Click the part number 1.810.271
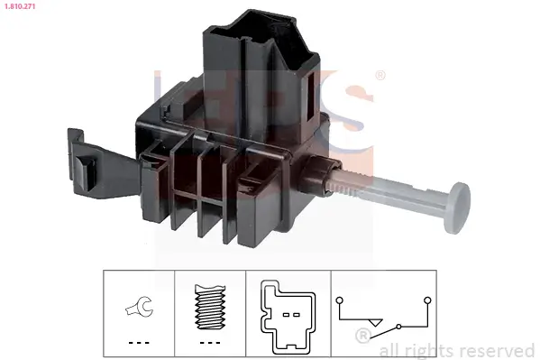(x=20, y=6)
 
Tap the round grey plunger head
(x=457, y=208)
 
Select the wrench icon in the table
(x=139, y=306)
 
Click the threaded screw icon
(x=210, y=307)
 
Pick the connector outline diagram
(x=288, y=317)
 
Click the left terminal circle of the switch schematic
(x=340, y=300)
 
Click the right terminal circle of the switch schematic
(x=427, y=300)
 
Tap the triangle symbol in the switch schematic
(x=375, y=322)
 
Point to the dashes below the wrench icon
(x=139, y=343)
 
